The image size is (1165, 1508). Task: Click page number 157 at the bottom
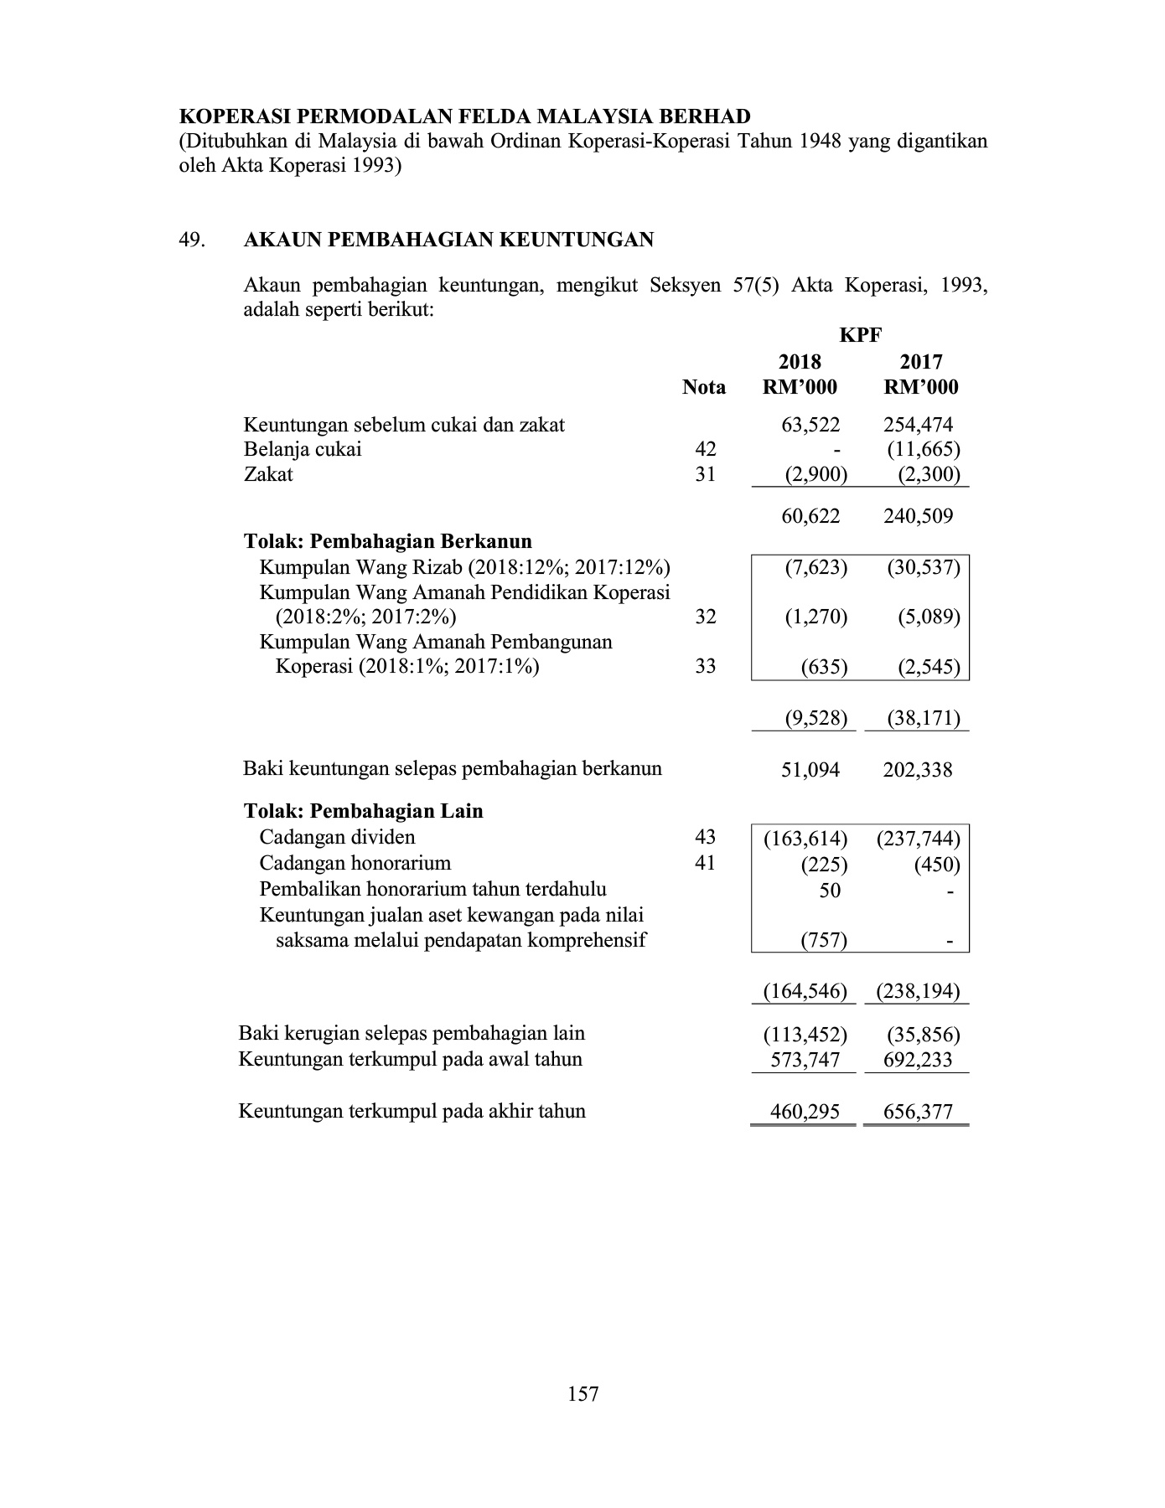[582, 1393]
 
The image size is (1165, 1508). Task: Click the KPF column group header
[861, 335]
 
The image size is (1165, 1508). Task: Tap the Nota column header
[704, 387]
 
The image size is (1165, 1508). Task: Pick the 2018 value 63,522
[810, 425]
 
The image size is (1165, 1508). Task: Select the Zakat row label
[268, 474]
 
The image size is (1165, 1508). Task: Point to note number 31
[706, 474]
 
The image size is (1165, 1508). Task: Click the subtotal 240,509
[918, 516]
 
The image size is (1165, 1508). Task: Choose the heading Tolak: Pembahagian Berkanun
[388, 541]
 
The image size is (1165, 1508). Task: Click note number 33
[706, 666]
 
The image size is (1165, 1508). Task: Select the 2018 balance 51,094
[810, 769]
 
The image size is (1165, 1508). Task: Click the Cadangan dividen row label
[337, 837]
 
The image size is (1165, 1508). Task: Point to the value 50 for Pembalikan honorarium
[830, 890]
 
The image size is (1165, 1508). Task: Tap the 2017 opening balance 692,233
[918, 1060]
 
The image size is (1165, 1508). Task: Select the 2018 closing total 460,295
[805, 1112]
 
